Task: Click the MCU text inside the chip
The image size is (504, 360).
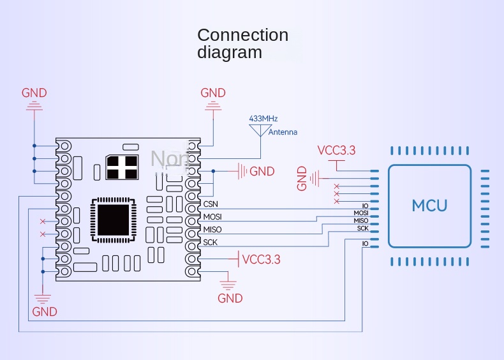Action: click(429, 206)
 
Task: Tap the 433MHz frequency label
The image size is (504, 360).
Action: click(263, 119)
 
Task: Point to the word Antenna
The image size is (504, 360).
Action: click(283, 132)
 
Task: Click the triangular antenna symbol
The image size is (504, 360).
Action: click(259, 130)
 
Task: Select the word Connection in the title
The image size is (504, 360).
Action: click(242, 35)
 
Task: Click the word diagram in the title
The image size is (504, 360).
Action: click(229, 52)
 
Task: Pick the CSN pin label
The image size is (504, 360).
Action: click(211, 204)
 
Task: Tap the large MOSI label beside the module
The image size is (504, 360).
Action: click(212, 217)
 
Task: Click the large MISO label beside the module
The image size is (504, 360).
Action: click(212, 230)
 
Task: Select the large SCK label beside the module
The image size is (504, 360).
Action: click(211, 243)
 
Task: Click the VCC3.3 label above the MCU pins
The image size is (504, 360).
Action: click(336, 151)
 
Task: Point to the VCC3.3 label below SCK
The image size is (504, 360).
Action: click(262, 259)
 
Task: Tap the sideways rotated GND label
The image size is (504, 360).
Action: click(302, 179)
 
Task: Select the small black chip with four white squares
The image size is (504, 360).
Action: click(122, 167)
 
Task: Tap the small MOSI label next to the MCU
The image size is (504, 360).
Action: click(361, 213)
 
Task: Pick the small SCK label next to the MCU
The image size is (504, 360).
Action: click(362, 228)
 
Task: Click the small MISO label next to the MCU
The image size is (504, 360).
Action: click(361, 221)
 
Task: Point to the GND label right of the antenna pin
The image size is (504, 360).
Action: click(262, 171)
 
